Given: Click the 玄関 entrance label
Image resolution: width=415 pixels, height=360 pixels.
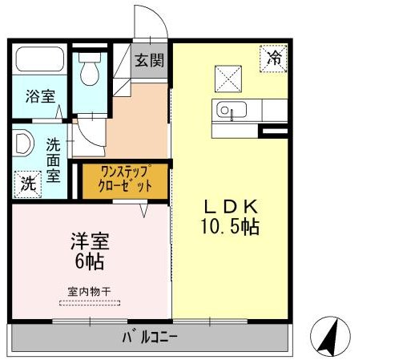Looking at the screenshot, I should (x=149, y=59).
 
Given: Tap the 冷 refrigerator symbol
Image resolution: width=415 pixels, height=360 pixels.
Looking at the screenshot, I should (x=274, y=58).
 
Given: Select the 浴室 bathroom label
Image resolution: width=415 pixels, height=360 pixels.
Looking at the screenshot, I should (x=40, y=97).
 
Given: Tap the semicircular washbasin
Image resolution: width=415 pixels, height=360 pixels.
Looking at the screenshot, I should (x=23, y=144).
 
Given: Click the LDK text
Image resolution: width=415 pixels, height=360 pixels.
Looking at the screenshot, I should (x=228, y=205).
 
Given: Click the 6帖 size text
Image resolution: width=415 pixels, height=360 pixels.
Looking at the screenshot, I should (x=89, y=261).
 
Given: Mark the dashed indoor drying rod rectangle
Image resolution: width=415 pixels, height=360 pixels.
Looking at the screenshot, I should (x=89, y=303).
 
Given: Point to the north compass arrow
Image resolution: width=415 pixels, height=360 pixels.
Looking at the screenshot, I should (x=332, y=336).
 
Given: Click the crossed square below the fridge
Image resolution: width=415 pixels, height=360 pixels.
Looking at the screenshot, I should (x=228, y=79).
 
